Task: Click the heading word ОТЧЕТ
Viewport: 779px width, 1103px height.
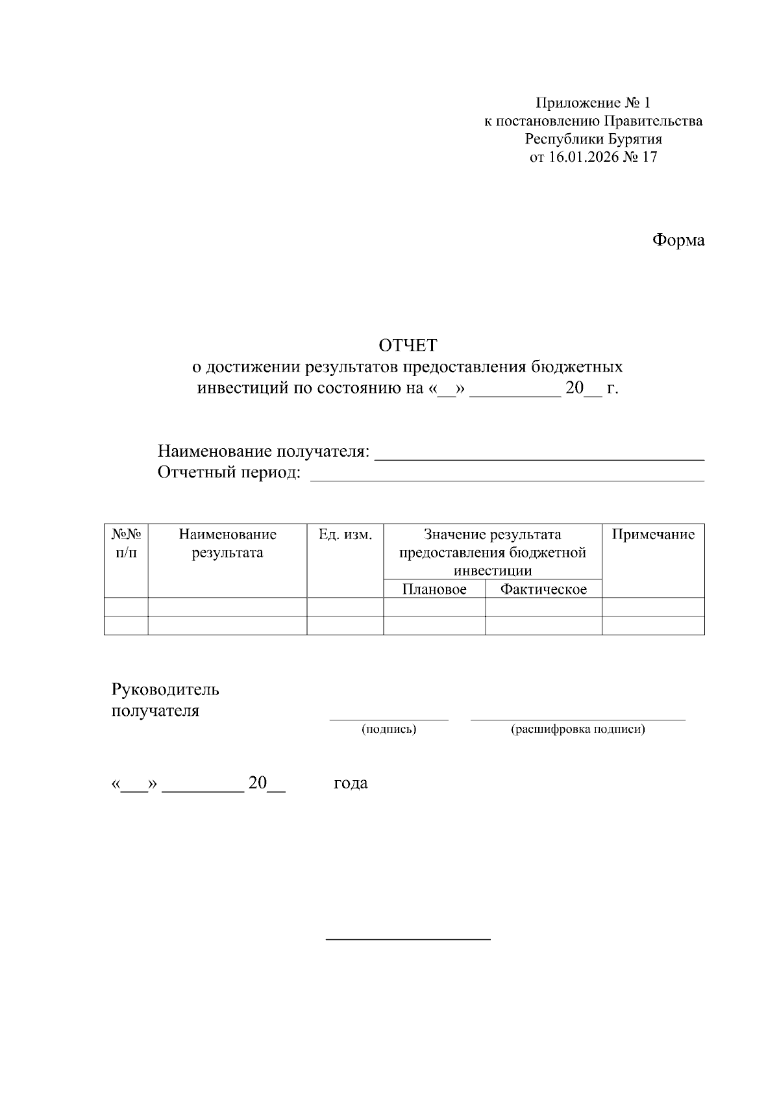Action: coord(408,344)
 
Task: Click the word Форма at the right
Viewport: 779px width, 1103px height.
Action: coord(678,240)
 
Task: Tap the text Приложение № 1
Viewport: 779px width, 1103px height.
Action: coord(592,103)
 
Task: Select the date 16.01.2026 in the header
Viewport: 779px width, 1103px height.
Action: coord(584,157)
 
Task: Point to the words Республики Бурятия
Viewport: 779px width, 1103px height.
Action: coord(593,139)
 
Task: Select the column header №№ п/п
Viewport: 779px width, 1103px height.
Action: coord(127,544)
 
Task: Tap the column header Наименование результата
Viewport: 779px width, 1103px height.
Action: coord(227,544)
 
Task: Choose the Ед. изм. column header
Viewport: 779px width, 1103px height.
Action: coord(345,535)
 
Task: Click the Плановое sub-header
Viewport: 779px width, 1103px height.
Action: coord(434,589)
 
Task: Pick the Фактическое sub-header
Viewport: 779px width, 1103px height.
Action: coord(543,589)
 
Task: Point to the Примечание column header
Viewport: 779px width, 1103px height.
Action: coord(653,535)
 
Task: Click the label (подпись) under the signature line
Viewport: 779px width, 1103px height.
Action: coord(389,729)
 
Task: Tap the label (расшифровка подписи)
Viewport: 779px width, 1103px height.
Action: coord(578,729)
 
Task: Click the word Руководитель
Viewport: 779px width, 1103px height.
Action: coord(166,689)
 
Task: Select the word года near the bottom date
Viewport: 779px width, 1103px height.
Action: coord(351,783)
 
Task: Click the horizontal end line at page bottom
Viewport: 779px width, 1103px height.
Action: coord(408,939)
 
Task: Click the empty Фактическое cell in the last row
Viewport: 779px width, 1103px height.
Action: coord(543,626)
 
